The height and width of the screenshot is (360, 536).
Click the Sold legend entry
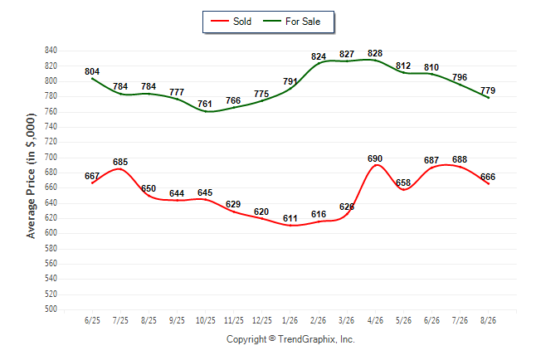(231, 22)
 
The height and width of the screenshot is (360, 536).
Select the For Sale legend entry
(291, 22)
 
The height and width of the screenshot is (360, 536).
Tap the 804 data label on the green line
(92, 71)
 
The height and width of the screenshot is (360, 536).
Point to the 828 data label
(375, 53)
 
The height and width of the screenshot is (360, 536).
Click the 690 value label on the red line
(375, 158)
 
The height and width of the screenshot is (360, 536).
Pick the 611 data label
(290, 218)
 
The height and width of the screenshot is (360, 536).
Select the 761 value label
(205, 104)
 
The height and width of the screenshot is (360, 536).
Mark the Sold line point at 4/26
(376, 165)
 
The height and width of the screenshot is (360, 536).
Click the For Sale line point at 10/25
(206, 111)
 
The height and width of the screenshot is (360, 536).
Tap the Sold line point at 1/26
(290, 226)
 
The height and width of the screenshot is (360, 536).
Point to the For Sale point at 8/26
(489, 98)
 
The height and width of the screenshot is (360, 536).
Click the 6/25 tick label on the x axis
(92, 320)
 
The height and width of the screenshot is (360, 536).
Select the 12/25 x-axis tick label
(262, 320)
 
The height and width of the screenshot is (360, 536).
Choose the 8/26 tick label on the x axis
(488, 320)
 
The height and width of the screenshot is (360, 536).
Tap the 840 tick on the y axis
(51, 51)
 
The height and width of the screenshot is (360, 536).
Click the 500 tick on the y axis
(51, 309)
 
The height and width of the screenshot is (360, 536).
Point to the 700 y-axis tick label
(51, 157)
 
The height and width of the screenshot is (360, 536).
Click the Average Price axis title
(31, 176)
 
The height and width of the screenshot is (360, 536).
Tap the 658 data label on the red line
(403, 182)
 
